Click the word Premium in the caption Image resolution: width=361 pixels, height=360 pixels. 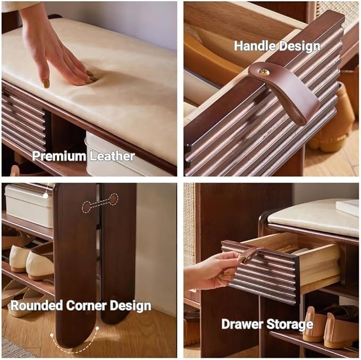pyautogui.click(x=59, y=156)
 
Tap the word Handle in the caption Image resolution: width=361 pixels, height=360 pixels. pyautogui.click(x=254, y=46)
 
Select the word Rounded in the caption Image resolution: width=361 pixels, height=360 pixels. pyautogui.click(x=37, y=305)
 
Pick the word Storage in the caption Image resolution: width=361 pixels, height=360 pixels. pyautogui.click(x=290, y=324)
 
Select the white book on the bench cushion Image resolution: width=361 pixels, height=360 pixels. pyautogui.click(x=348, y=208)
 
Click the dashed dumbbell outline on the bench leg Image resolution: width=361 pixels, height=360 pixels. pyautogui.click(x=100, y=203)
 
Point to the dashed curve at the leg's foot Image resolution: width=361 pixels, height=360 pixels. pyautogui.click(x=74, y=345)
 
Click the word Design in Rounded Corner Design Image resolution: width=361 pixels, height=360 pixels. pyautogui.click(x=130, y=306)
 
